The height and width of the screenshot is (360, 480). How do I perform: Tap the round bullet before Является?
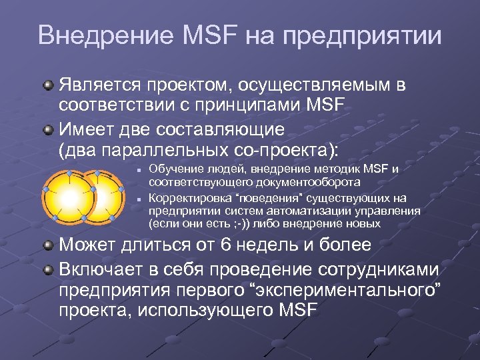pos(49,86)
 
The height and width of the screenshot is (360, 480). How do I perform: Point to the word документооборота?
pos(304,181)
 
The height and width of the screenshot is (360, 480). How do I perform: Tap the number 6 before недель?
pos(225,245)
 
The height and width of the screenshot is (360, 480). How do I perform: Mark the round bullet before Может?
pos(49,245)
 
